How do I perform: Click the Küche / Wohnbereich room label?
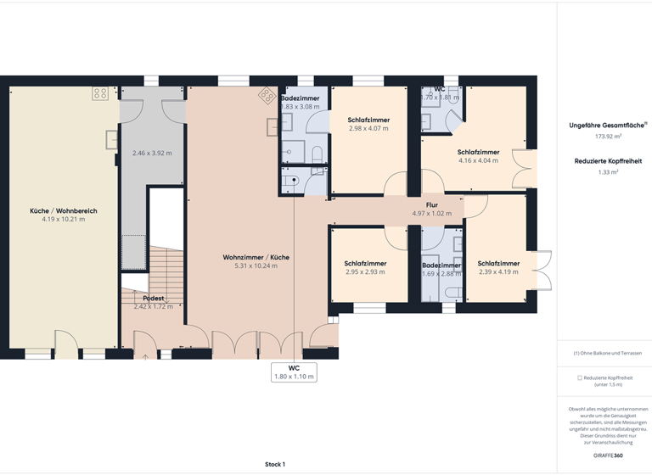64,210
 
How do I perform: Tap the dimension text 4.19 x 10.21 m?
64,219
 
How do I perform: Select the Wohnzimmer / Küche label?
256,256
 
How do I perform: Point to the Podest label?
153,298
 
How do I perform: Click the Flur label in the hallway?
431,204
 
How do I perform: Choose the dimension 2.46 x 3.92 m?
152,154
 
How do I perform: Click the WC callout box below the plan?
294,372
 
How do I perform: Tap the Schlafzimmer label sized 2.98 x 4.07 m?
368,120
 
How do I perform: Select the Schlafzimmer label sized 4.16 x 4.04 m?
478,152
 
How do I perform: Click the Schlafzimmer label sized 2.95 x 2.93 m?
365,263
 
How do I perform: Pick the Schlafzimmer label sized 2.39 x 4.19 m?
497,263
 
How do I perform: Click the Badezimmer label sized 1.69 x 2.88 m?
441,265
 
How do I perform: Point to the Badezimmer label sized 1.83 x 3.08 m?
300,98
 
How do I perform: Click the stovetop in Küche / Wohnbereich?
100,93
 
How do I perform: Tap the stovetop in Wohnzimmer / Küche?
267,95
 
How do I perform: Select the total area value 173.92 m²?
608,136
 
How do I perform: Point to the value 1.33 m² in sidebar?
608,172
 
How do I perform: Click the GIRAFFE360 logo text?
608,455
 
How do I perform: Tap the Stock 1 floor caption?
275,464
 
